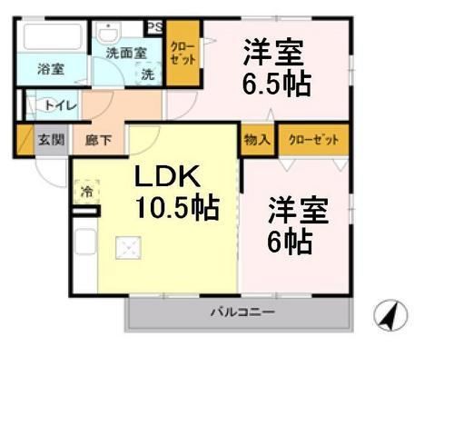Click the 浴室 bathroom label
[x=51, y=69]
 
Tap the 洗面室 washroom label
[x=126, y=53]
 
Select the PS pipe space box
[x=154, y=27]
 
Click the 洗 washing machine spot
[x=147, y=75]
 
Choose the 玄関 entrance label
[x=50, y=140]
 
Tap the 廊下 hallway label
[x=97, y=140]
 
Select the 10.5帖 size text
[x=177, y=208]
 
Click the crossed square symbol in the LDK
[x=129, y=247]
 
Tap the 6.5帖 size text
[x=275, y=84]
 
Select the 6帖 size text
[x=290, y=241]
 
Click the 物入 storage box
[x=257, y=140]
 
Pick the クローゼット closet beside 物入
[x=313, y=140]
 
